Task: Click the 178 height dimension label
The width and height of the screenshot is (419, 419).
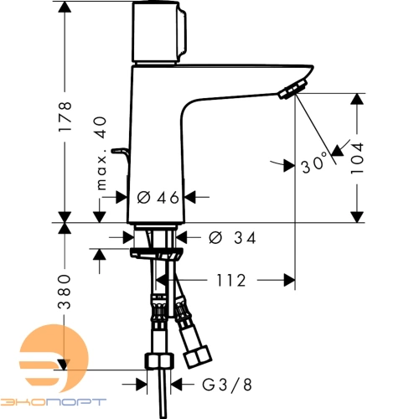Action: [x=65, y=116]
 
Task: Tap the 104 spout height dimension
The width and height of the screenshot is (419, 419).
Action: [x=357, y=158]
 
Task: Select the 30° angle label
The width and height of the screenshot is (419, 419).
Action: [x=313, y=163]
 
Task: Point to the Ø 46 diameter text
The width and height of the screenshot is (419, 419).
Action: [x=158, y=198]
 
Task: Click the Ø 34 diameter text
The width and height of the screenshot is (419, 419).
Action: [x=232, y=238]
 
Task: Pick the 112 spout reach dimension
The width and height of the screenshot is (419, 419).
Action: [x=231, y=280]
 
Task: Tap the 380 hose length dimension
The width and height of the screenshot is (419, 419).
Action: [x=65, y=292]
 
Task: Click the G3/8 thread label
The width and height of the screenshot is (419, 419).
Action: [x=227, y=385]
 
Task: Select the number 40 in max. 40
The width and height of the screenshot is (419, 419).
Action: [x=100, y=128]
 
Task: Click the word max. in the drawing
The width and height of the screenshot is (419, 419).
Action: [x=101, y=168]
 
